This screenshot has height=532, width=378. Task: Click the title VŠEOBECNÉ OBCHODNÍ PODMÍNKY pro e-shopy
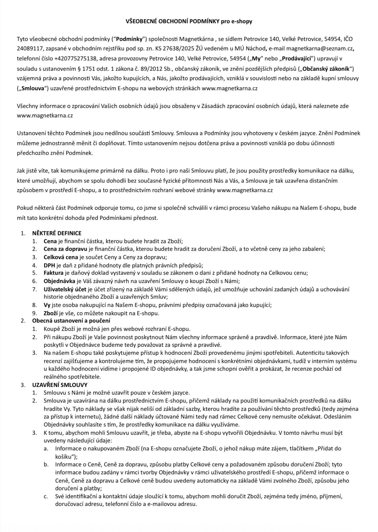[189, 22]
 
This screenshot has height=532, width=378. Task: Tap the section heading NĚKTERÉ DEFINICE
[57, 233]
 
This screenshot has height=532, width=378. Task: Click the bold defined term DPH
[49, 265]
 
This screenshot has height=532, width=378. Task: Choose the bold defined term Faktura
[53, 273]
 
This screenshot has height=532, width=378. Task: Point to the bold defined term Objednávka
[59, 281]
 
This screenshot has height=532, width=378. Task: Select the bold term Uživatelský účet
[65, 289]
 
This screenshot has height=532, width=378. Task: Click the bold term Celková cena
[61, 257]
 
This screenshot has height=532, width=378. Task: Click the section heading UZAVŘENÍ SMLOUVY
[60, 385]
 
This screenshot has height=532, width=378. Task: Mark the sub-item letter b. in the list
[46, 464]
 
